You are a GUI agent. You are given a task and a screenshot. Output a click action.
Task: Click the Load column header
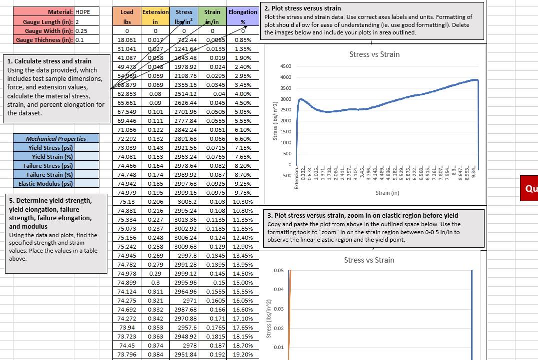(x=127, y=12)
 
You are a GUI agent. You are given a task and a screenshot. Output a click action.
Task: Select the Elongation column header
(x=243, y=12)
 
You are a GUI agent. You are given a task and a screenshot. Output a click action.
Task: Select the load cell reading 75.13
(x=127, y=202)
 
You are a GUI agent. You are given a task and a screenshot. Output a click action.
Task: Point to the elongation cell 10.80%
(x=243, y=211)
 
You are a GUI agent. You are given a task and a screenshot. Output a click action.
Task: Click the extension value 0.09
(x=155, y=103)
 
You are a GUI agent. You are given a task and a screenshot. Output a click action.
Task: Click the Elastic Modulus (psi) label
(x=45, y=184)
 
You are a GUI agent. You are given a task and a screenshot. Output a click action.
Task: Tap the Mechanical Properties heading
(x=56, y=139)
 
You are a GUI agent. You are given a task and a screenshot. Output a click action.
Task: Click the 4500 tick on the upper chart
(x=285, y=66)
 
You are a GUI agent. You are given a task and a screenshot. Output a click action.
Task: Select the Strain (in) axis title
(x=387, y=193)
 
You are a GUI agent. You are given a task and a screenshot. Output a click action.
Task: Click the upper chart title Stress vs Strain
(x=374, y=54)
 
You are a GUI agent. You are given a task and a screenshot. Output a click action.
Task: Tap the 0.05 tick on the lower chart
(x=279, y=271)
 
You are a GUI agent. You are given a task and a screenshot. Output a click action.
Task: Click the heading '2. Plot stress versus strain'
(x=303, y=8)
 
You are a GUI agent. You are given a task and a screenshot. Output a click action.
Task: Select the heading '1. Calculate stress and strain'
(x=49, y=61)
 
